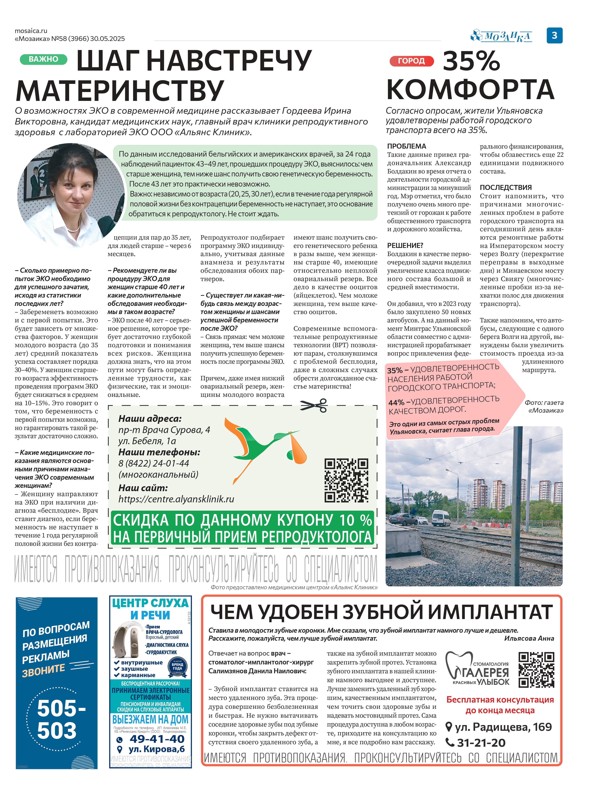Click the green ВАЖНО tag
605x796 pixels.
[x=43, y=59]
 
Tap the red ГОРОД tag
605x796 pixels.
[x=411, y=61]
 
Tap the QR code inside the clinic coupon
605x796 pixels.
[x=346, y=480]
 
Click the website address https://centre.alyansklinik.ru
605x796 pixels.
[x=176, y=499]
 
